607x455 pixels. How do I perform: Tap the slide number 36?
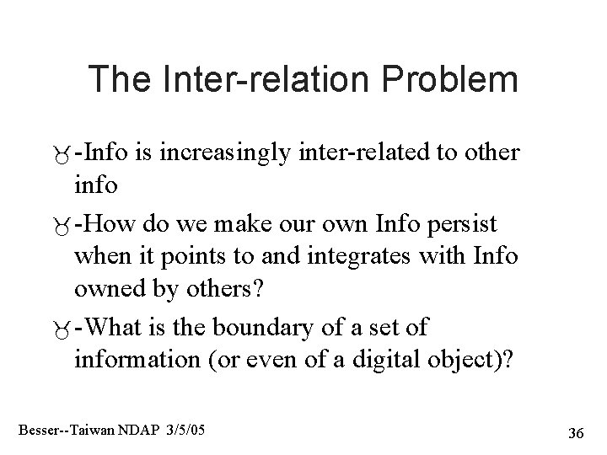coord(577,433)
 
